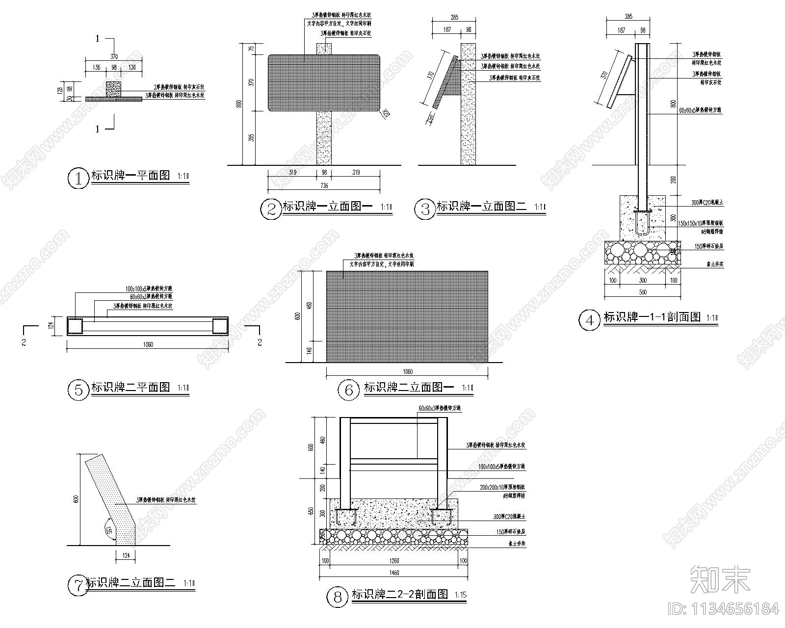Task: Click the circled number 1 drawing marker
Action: coord(77,178)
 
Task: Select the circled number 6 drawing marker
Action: coord(349,390)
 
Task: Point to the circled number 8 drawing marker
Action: coord(337,597)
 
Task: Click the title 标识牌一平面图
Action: coord(131,175)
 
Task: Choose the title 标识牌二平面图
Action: coord(131,387)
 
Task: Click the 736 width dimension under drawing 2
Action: coord(324,185)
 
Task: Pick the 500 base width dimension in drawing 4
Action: coord(643,292)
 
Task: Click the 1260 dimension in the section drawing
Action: coord(394,561)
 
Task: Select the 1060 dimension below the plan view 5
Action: coord(148,344)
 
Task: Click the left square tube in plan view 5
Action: coord(75,326)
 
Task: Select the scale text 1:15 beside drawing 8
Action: coord(461,595)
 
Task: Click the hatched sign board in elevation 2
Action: coord(324,82)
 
